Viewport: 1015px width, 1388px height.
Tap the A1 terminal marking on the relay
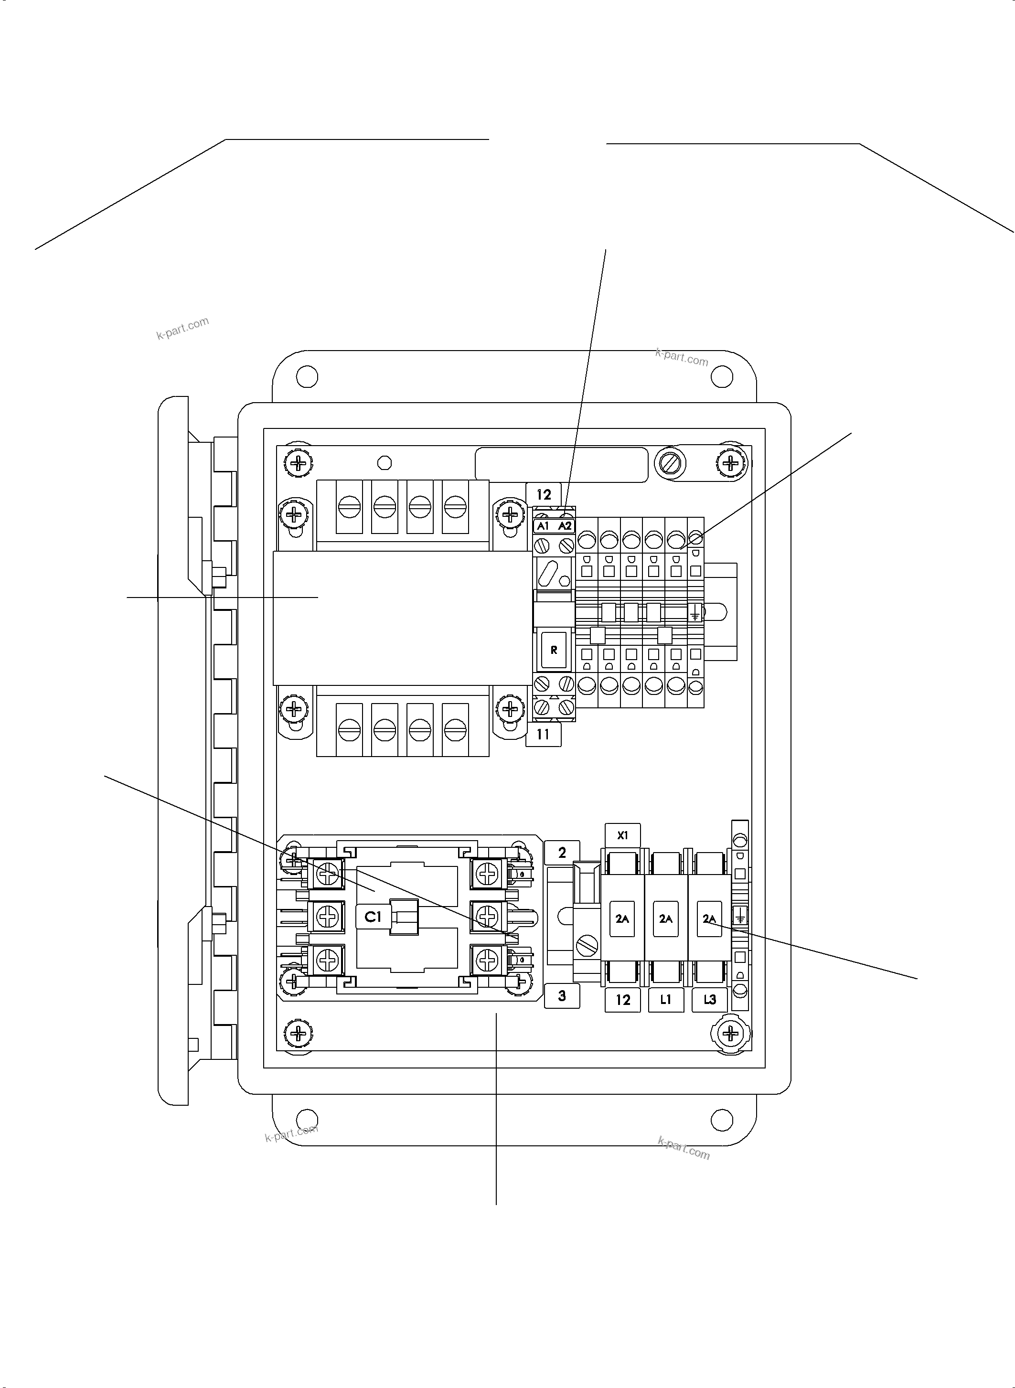(x=543, y=526)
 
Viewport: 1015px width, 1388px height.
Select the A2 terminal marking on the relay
(x=565, y=526)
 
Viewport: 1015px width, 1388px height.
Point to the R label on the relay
(x=554, y=650)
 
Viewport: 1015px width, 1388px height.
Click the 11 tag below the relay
(x=543, y=734)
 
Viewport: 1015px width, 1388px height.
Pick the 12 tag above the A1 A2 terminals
(x=544, y=494)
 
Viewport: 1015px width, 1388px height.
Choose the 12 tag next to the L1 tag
(x=622, y=1000)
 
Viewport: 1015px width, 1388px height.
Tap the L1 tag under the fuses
(x=666, y=1000)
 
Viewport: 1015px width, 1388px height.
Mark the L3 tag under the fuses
(x=710, y=1000)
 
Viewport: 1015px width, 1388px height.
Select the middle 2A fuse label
(x=666, y=919)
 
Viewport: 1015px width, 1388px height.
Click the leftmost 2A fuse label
(x=622, y=919)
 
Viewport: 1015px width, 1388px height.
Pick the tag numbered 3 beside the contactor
(x=562, y=996)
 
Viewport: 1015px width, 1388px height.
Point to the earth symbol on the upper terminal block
(x=695, y=612)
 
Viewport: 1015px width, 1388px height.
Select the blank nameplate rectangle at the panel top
(x=561, y=465)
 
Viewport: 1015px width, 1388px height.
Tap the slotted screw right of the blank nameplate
(x=670, y=463)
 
